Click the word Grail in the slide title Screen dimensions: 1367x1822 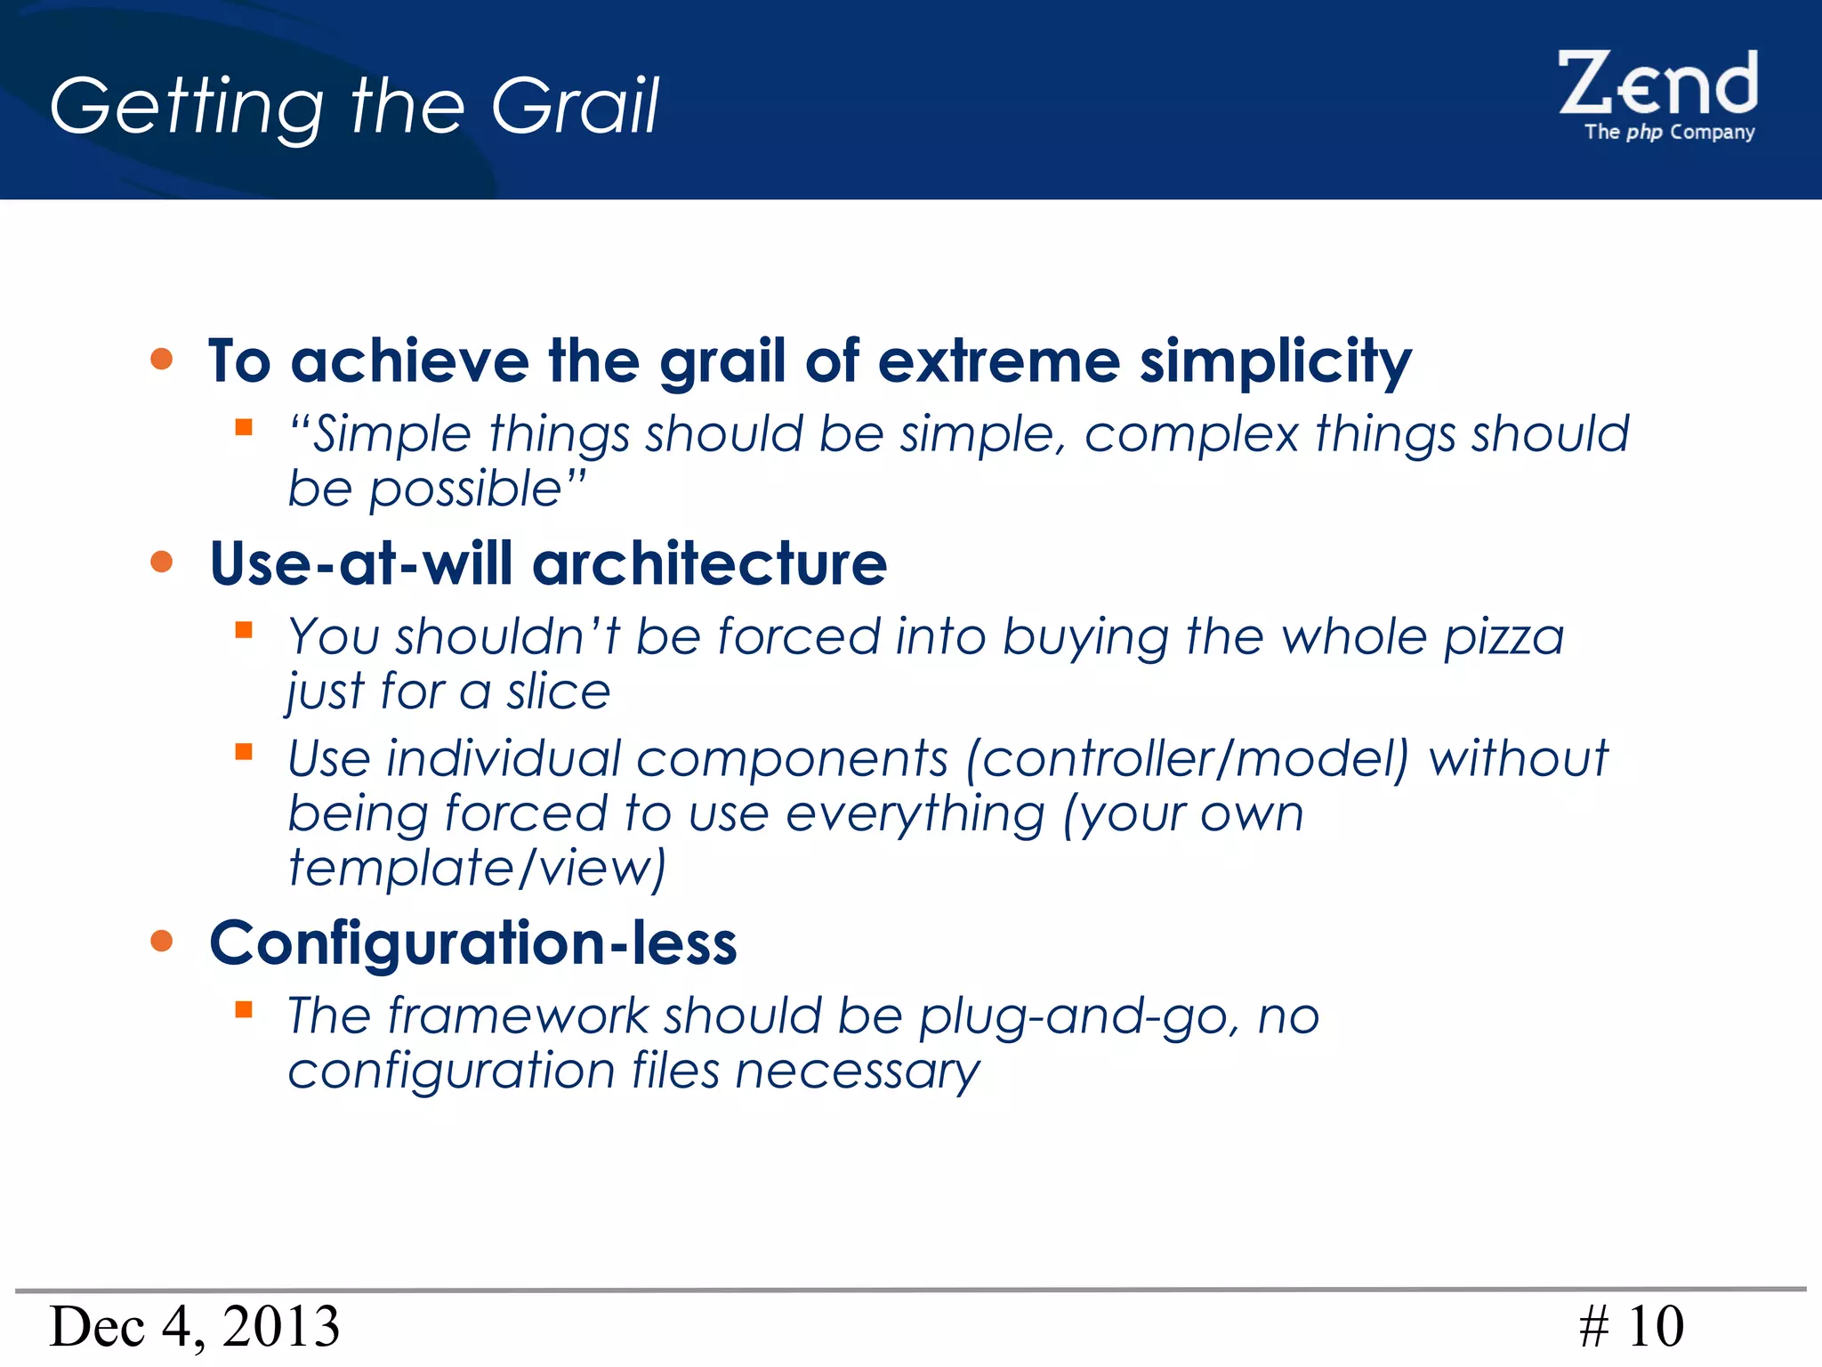point(574,107)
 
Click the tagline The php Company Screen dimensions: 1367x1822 point(1669,133)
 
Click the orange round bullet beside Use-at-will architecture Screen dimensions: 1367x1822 point(161,562)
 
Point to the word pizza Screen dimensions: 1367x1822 point(1503,637)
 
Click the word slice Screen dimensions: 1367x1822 point(558,692)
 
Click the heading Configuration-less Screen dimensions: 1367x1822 point(472,943)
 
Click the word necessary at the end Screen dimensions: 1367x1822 point(857,1071)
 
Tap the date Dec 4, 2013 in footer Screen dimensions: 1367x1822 point(194,1327)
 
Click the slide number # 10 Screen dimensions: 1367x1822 point(1631,1327)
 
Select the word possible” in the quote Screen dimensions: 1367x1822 point(477,489)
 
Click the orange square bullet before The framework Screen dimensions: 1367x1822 point(244,1009)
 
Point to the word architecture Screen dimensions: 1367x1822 point(709,564)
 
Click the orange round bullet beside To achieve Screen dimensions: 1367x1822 point(161,360)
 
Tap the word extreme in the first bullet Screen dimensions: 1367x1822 point(997,362)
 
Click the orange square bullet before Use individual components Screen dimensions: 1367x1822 point(244,752)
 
